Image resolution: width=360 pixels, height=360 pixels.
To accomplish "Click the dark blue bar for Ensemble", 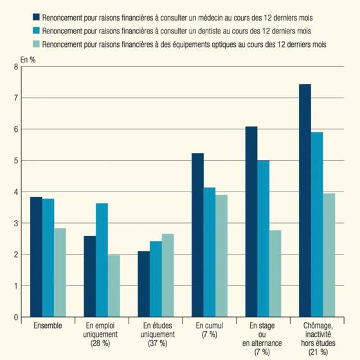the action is [x=36, y=257].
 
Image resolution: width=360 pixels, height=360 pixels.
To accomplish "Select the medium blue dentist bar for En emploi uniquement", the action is [x=102, y=260].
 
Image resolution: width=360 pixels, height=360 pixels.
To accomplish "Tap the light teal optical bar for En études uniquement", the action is [x=168, y=276].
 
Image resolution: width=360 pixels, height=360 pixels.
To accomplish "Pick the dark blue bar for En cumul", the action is [x=198, y=235].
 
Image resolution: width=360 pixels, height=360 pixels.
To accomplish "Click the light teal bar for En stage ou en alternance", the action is [x=275, y=274].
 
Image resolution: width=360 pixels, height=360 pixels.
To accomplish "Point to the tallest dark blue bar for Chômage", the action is [x=305, y=201].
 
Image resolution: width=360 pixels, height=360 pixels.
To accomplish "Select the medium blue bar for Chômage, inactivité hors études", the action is [x=317, y=224].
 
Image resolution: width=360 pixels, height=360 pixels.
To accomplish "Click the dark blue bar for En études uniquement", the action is [x=144, y=284].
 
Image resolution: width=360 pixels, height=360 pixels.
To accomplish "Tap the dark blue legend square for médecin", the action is [x=36, y=17].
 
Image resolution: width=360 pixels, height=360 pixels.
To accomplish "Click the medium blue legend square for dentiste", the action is [x=36, y=30].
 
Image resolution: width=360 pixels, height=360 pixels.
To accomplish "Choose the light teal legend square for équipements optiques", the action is [x=36, y=44].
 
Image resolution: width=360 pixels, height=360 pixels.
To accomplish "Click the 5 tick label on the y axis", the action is [x=16, y=161].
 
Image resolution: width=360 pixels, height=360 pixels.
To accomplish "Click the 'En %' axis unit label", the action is [x=28, y=60].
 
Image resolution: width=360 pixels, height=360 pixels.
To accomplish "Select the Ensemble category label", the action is [x=48, y=325].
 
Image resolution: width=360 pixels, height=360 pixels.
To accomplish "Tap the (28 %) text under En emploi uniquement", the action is [x=100, y=343].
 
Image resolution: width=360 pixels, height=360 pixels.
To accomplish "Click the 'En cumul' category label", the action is [x=210, y=325].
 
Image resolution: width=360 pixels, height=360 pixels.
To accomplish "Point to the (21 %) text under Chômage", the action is [x=318, y=352].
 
